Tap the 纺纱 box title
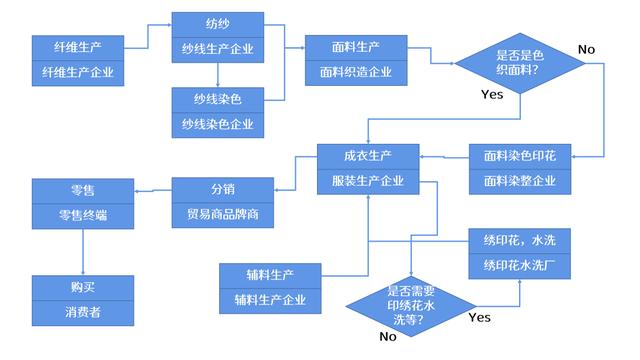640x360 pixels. click(x=218, y=24)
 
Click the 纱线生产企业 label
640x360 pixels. click(x=218, y=49)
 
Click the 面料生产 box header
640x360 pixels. click(x=356, y=47)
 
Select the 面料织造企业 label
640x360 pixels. click(x=356, y=72)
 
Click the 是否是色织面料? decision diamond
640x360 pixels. click(x=520, y=64)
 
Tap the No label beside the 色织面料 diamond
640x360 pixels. click(x=586, y=49)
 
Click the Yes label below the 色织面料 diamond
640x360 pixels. click(x=492, y=95)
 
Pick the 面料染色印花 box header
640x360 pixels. click(x=519, y=157)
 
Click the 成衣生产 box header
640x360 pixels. click(x=368, y=156)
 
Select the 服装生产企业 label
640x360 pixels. click(x=368, y=181)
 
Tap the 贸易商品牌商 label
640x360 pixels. click(x=222, y=214)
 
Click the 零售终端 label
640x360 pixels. click(x=82, y=214)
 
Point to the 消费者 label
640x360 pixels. click(x=82, y=312)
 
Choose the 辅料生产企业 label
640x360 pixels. click(x=270, y=299)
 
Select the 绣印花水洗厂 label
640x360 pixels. click(x=519, y=265)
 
